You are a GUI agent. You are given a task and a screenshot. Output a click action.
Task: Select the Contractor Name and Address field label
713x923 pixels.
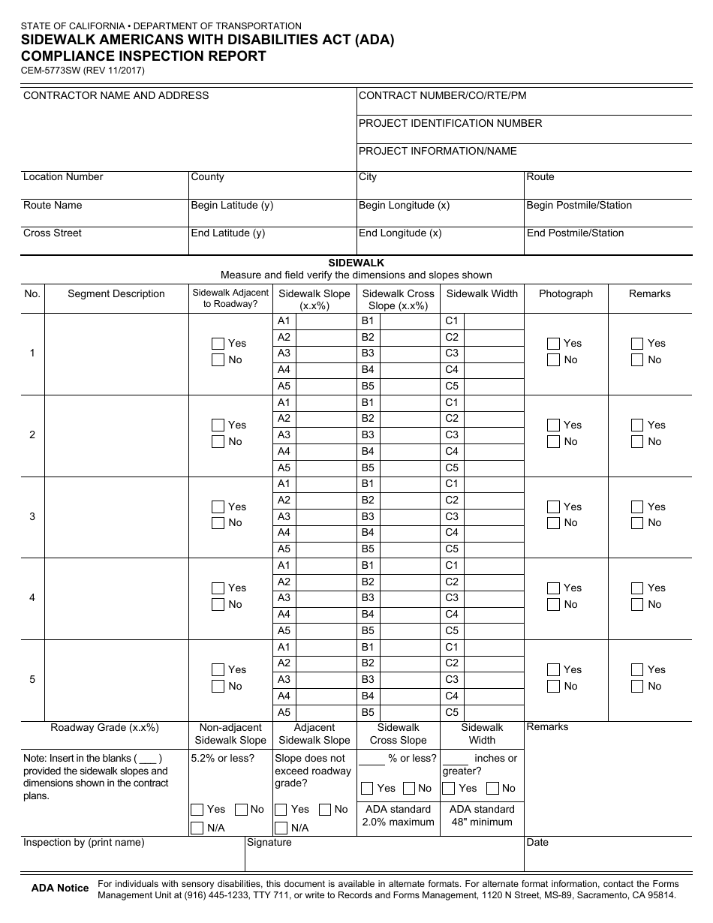click(x=116, y=95)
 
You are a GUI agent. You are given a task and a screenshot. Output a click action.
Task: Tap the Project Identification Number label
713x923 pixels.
click(x=450, y=123)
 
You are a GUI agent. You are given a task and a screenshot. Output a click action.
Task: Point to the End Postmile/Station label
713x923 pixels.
click(x=575, y=233)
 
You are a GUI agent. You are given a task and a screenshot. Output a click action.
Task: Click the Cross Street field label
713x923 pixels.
click(x=53, y=233)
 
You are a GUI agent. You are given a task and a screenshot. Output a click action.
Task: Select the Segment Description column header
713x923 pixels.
click(x=116, y=293)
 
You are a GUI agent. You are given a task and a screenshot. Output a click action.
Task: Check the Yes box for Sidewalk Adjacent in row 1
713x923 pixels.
click(x=218, y=343)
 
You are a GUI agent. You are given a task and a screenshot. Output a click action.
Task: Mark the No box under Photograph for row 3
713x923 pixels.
click(x=553, y=523)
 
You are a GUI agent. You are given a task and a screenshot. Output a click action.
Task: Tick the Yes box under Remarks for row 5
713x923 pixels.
click(x=637, y=669)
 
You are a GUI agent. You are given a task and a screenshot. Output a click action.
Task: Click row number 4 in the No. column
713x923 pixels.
click(x=32, y=598)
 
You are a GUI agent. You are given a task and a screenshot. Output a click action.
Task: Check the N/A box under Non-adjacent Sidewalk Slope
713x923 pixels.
click(x=197, y=828)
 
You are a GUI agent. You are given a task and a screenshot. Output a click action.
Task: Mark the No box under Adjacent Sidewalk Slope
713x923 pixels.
click(x=325, y=810)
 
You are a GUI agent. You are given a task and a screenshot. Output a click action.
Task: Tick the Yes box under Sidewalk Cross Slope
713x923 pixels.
click(x=367, y=788)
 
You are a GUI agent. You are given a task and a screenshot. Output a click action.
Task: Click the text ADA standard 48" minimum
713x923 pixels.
click(x=481, y=816)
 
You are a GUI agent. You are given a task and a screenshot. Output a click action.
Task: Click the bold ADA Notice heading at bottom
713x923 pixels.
click(x=59, y=888)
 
